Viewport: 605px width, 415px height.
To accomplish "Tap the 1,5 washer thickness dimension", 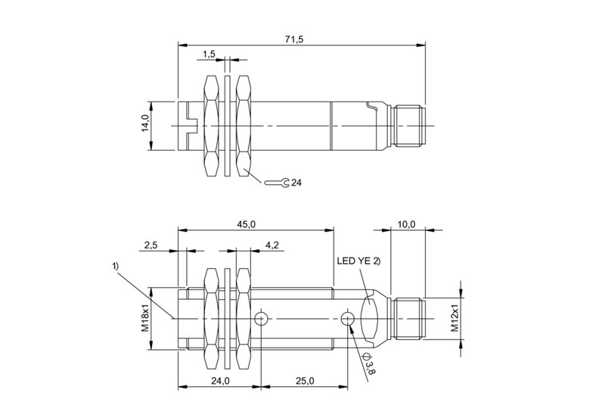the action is [x=209, y=54].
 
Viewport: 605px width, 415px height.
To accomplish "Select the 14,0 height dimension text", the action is [x=145, y=123].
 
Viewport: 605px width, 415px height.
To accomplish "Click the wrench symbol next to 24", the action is [x=276, y=182].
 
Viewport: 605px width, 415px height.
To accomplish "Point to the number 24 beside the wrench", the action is [x=296, y=183].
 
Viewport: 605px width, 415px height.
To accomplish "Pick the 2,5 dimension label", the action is [x=150, y=245].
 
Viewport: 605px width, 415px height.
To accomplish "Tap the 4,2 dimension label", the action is [x=272, y=245].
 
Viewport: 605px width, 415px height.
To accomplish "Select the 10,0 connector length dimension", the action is [x=406, y=224].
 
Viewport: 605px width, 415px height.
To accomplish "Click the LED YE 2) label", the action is [x=358, y=261].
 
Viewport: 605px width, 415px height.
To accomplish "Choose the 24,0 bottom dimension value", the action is [x=220, y=381].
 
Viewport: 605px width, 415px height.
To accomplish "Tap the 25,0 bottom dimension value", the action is [x=305, y=381].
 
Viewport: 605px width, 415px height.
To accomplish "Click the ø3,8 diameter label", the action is [x=368, y=364].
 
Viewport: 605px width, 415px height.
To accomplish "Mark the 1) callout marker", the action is [x=116, y=266].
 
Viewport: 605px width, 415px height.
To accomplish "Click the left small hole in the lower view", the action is [x=261, y=318].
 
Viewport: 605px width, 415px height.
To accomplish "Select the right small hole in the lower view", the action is [x=347, y=318].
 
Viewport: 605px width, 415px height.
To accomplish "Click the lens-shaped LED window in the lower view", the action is [x=368, y=318].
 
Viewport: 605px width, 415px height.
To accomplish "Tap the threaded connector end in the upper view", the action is [x=409, y=126].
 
